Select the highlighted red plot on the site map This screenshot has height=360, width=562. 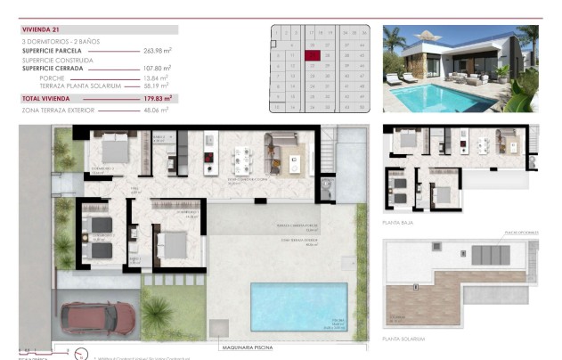313,54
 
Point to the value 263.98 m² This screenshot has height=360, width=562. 157,51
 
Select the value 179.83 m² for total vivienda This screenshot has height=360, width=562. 157,98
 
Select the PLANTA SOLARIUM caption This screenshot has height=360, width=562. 403,339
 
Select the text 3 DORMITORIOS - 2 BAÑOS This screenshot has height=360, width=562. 59,41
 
